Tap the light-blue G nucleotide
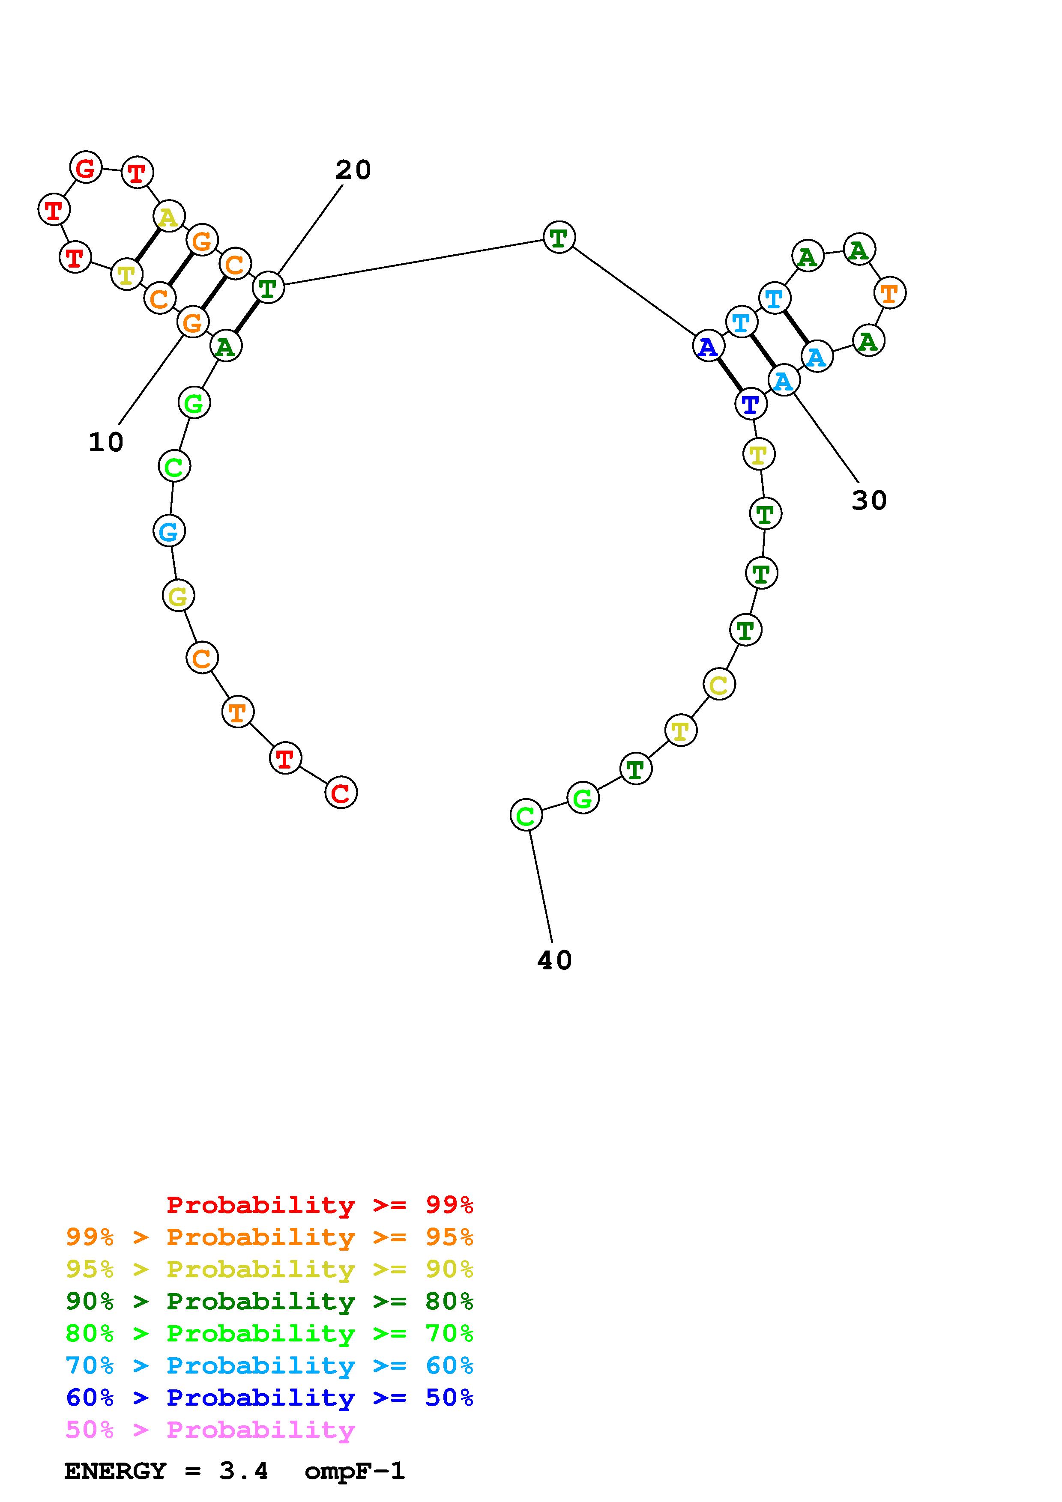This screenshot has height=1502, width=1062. coord(169,530)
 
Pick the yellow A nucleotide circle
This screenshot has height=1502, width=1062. coord(169,217)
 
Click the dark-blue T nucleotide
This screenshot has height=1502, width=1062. coord(751,404)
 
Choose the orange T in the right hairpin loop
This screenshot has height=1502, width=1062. coord(889,292)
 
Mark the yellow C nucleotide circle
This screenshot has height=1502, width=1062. coord(719,684)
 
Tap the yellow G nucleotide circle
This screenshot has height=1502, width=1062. coord(178,595)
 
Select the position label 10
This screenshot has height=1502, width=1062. coord(106,443)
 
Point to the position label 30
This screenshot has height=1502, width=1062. coord(869,501)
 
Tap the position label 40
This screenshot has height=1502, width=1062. coord(554,960)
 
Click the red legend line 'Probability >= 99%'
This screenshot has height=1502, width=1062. coord(320,1205)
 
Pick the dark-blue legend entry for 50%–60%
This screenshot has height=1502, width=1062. coord(269,1398)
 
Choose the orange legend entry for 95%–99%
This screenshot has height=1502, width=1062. coord(269,1237)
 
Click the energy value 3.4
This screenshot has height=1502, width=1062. coord(243,1471)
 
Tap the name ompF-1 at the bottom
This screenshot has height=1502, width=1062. coord(355,1471)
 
